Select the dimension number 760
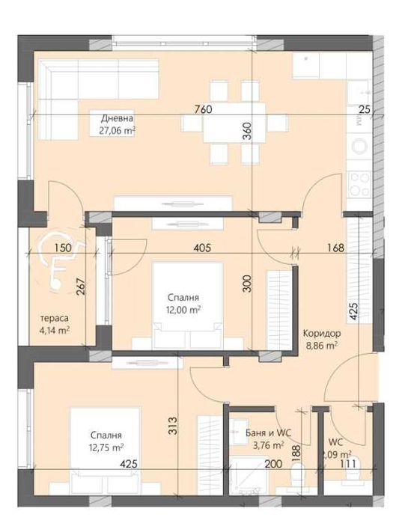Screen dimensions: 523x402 click(203, 109)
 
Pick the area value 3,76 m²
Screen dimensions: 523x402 click(267, 444)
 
